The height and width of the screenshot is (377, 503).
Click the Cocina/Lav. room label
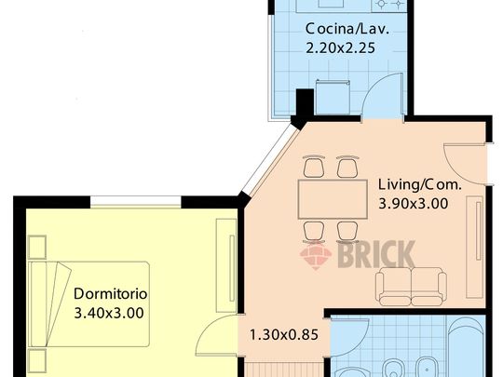tap(347, 29)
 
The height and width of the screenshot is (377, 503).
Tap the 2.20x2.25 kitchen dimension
tap(340, 48)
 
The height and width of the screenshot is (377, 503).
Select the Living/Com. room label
tap(419, 184)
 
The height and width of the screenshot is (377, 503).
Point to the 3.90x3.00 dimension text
tap(414, 204)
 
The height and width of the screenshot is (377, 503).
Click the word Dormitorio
tap(110, 293)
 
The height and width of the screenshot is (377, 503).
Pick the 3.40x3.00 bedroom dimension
tap(109, 313)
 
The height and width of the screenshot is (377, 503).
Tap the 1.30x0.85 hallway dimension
tap(283, 335)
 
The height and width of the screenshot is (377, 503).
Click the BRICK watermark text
tap(376, 254)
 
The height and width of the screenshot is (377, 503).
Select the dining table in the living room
tap(333, 199)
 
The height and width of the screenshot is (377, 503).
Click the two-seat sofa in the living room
tap(411, 287)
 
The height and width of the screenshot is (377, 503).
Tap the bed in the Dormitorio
tap(88, 303)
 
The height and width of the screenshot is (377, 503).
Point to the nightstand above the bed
tap(37, 247)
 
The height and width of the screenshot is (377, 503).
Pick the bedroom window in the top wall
tap(136, 201)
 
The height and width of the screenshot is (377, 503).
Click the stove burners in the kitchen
tap(389, 4)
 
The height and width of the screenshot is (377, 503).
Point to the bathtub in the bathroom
tap(466, 347)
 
